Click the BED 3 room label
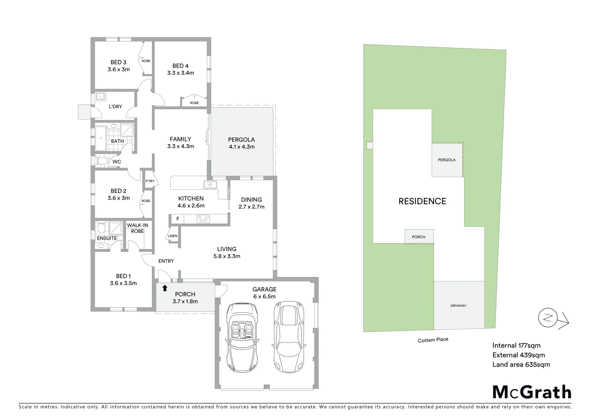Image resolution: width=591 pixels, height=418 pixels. pos(118,62)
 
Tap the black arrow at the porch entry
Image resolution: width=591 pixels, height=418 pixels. pos(165,288)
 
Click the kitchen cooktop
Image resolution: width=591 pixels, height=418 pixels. pos(203,219)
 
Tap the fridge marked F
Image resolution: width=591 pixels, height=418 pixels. pos(178,219)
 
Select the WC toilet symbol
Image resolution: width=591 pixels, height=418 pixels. pos(102,160)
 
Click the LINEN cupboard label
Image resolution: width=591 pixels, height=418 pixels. pos(173,236)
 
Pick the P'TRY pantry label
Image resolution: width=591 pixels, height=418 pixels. pos(150,181)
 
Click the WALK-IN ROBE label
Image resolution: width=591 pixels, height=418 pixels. pos(137,228)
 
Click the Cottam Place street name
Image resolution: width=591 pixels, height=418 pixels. pos(433,340)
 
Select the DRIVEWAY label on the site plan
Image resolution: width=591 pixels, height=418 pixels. pos(458,306)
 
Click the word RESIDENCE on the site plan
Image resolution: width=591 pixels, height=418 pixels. pos(422,201)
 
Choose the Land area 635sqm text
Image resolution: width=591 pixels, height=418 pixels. pos(521,364)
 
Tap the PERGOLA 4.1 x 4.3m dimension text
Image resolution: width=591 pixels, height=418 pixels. pos(241,147)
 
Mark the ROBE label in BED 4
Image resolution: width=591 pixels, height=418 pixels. pos(195,103)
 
